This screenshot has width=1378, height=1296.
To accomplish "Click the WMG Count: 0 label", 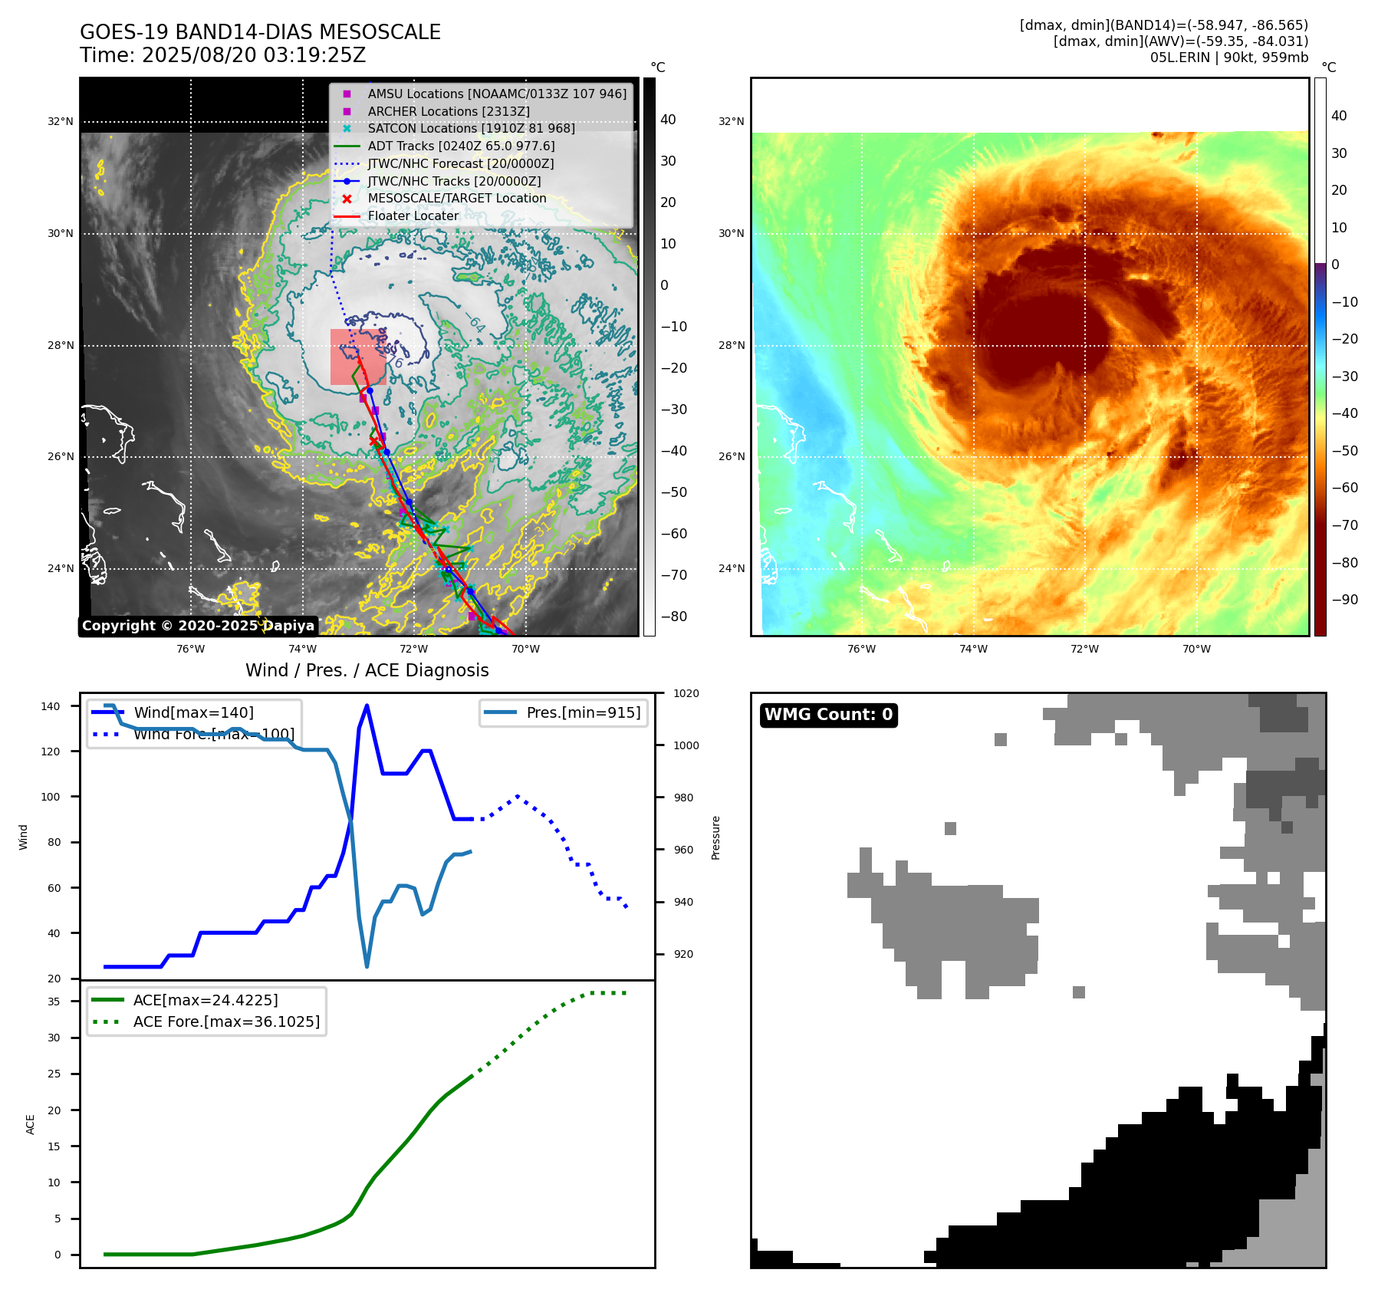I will [x=828, y=715].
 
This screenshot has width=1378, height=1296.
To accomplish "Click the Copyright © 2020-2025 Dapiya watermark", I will [x=198, y=626].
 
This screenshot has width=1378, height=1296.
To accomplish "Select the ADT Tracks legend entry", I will [x=461, y=146].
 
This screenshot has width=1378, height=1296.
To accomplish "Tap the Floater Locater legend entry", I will [x=413, y=215].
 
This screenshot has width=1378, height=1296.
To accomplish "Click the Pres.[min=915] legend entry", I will [x=583, y=712].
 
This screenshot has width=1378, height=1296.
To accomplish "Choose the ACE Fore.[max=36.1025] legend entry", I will [x=226, y=1021].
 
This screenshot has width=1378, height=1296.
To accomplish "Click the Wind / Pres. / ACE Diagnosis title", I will [x=367, y=670].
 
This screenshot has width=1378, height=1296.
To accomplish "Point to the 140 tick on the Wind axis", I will [x=51, y=706].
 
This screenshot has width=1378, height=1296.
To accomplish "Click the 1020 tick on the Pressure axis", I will [x=686, y=693].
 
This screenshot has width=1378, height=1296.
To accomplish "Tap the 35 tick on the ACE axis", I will [x=54, y=1002].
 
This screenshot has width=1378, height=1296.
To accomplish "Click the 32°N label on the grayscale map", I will [x=61, y=121].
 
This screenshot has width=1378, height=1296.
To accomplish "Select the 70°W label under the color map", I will [x=1196, y=649].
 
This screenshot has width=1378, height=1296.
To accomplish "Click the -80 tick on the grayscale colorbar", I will [x=674, y=617].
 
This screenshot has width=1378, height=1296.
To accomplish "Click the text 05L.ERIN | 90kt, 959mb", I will [x=1228, y=58].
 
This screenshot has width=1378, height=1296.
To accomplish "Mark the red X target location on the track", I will [x=374, y=441].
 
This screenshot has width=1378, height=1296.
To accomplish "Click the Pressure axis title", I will [x=715, y=837].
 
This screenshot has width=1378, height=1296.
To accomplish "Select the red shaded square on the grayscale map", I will [x=357, y=357].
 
